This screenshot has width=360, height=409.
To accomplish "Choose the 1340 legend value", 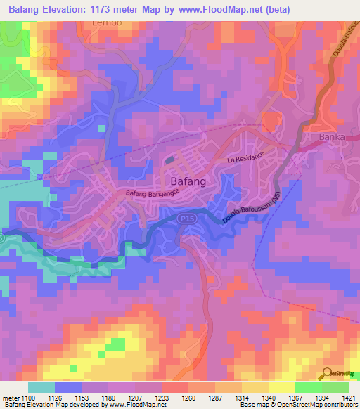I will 259,397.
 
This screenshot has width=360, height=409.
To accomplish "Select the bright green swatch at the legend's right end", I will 335,387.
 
